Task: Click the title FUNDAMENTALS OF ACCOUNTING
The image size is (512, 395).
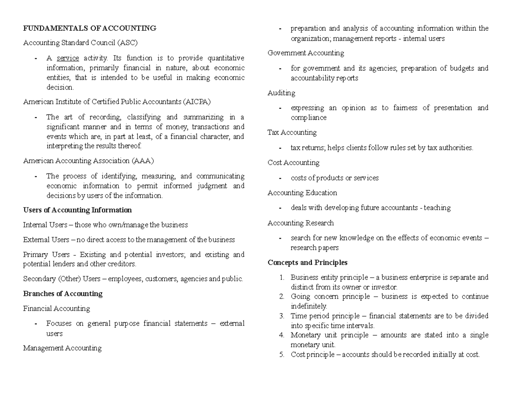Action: [x=90, y=29]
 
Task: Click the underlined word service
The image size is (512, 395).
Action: [x=68, y=58]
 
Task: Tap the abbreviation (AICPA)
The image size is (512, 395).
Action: [x=196, y=102]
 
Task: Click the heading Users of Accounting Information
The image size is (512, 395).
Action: [x=77, y=210]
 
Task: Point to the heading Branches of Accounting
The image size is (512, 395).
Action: [x=63, y=294]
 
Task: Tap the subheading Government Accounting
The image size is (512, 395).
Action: [x=305, y=53]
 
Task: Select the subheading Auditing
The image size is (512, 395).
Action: [x=281, y=92]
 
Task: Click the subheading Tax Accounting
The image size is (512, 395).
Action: [x=292, y=133]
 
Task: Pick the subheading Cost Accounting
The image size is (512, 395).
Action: [x=293, y=162]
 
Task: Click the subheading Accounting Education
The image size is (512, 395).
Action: [x=302, y=193]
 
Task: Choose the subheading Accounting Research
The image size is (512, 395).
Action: [x=300, y=223]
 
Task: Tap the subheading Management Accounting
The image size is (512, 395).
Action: [x=62, y=348]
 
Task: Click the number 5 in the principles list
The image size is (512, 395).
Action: [x=282, y=354]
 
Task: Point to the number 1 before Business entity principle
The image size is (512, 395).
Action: [x=282, y=277]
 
